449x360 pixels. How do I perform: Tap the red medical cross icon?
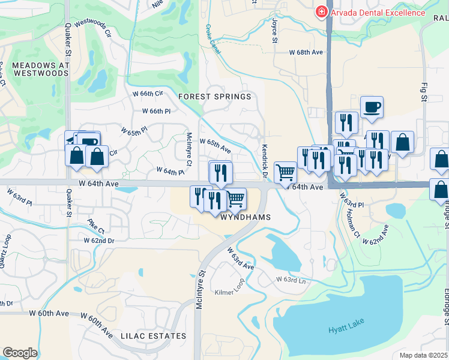tap(321, 12)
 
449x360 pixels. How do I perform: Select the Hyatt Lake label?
tap(346, 328)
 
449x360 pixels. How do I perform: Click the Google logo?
tap(20, 353)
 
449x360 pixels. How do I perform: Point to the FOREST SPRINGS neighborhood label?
tap(214, 97)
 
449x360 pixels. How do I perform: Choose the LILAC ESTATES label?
tap(152, 335)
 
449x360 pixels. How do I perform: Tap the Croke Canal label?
tap(212, 40)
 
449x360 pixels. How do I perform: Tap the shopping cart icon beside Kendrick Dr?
tap(286, 172)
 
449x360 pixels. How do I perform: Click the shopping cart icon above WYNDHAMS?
tap(235, 197)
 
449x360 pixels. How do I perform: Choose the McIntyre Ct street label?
tap(188, 149)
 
